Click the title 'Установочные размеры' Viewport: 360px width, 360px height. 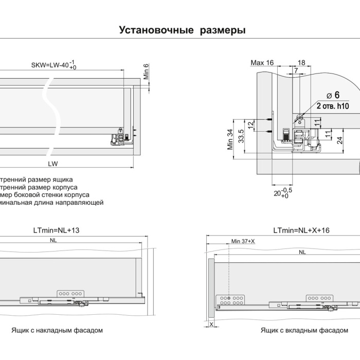[x=182, y=30]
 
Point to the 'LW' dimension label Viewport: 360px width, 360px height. [x=52, y=164]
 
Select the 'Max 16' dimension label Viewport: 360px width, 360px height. [x=262, y=63]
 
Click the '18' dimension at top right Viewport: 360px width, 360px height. [x=301, y=63]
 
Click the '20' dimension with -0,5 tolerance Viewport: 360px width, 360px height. [x=280, y=193]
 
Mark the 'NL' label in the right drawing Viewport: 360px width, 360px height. [x=302, y=252]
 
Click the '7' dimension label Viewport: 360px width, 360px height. [x=296, y=70]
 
